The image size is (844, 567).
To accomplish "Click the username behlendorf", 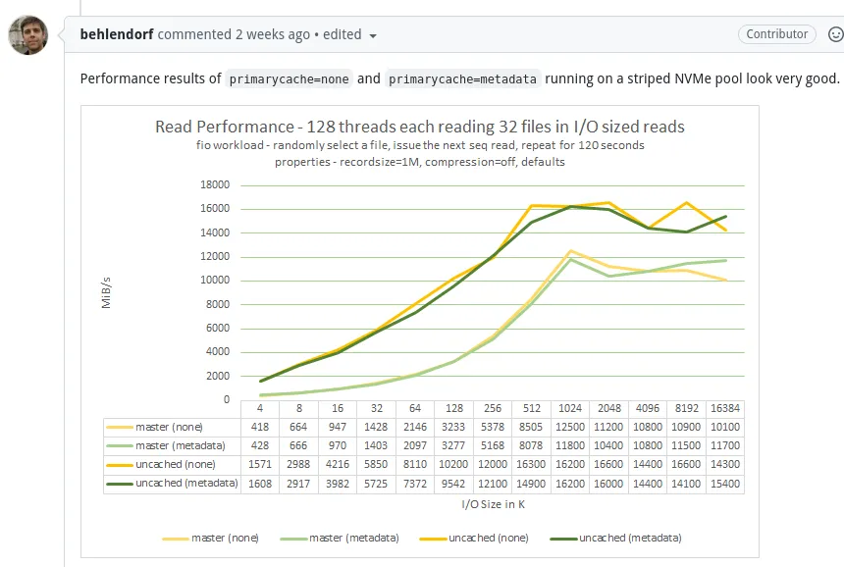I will point(117,34).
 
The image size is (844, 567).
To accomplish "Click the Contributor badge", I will point(777,34).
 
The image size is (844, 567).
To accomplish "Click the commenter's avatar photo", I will point(28,35).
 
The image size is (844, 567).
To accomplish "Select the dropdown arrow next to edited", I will point(373,35).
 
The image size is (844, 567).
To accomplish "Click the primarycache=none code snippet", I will point(289,78).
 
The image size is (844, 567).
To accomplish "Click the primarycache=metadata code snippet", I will point(462,78).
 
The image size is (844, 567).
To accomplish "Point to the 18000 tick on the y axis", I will point(215,184).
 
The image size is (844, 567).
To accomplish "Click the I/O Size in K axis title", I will point(492,504).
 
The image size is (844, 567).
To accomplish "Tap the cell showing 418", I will point(260,427).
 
